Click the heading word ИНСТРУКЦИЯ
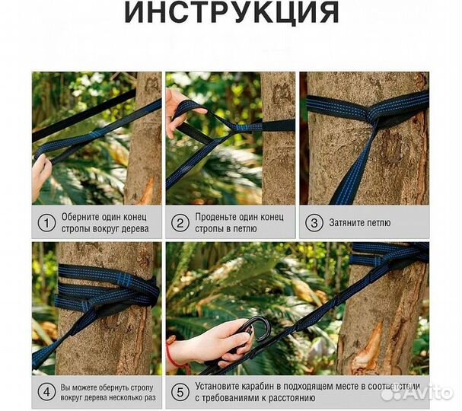[x=231, y=12]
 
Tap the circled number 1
[x=46, y=223]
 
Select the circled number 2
[x=180, y=223]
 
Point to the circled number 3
[x=314, y=223]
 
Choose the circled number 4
[x=46, y=393]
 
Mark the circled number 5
[x=180, y=393]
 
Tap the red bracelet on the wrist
[x=174, y=354]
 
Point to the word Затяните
[x=345, y=223]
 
